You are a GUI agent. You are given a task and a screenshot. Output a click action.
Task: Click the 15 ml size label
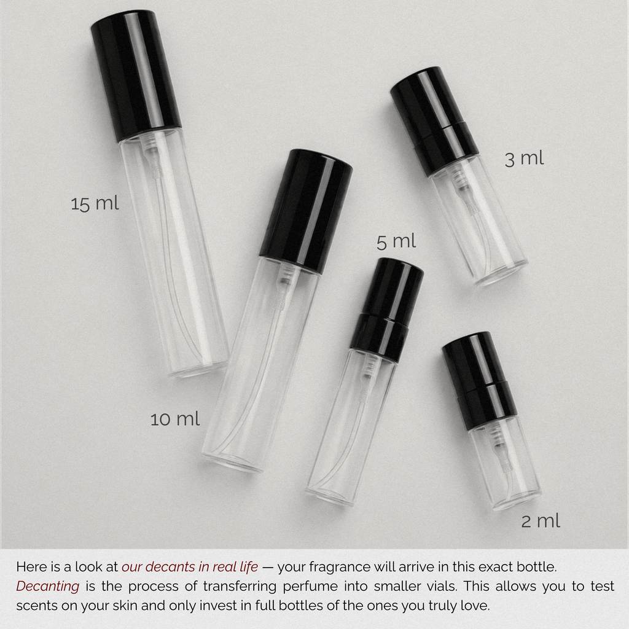(95, 203)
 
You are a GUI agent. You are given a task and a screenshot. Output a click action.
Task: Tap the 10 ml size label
(175, 419)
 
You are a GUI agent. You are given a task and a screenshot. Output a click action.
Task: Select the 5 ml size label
(396, 241)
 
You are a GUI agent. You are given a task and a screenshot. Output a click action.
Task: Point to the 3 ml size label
(524, 158)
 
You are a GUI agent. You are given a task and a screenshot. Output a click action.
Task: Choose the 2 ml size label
(541, 521)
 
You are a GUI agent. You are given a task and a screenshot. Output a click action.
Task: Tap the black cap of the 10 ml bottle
(306, 211)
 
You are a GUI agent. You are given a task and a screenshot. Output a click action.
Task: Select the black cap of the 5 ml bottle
(387, 310)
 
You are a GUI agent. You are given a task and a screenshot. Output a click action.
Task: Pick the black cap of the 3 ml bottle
(434, 121)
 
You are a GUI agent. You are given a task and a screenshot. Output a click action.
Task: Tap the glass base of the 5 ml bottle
(330, 495)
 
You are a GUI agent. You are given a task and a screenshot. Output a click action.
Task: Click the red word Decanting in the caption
(48, 586)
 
